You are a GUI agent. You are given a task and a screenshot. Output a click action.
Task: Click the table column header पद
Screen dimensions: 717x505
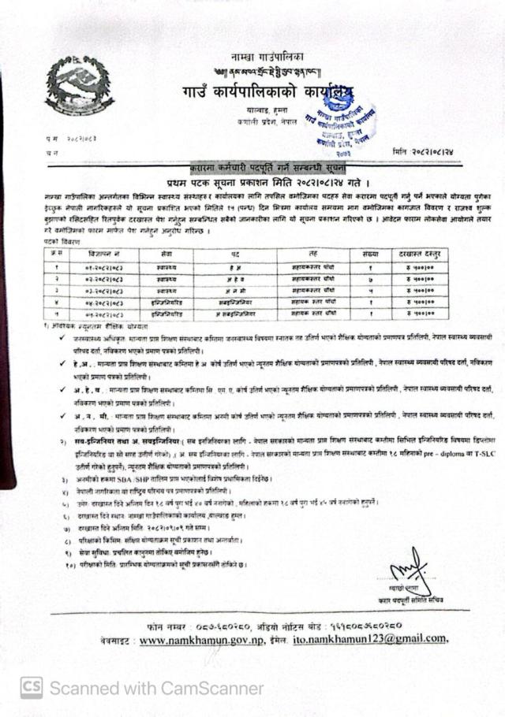235,254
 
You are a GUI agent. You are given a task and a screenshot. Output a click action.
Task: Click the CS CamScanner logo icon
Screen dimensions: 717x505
32,688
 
